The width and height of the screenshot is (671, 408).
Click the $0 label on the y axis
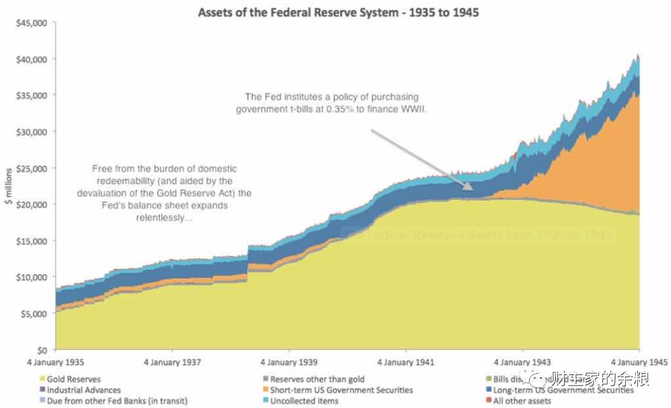click(40, 350)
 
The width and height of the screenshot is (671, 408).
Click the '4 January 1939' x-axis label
click(288, 362)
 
